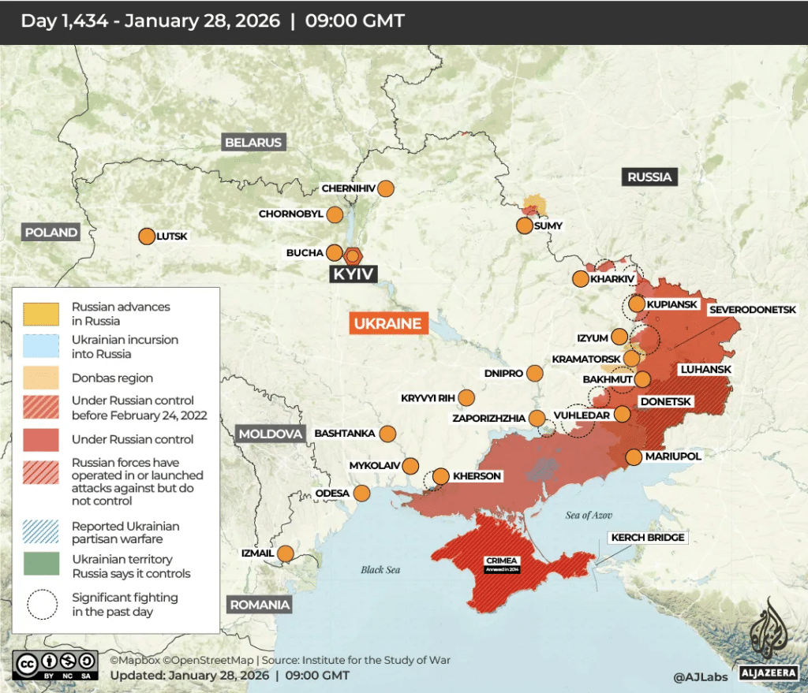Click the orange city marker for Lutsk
(x=147, y=237)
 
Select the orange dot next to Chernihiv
(x=385, y=188)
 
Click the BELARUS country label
(x=252, y=143)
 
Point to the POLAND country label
(x=51, y=233)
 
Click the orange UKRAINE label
(x=387, y=324)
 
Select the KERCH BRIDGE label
(x=648, y=538)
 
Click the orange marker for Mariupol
(x=634, y=456)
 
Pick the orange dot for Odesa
(x=362, y=494)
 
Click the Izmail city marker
(x=286, y=553)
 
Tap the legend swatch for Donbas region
(x=41, y=378)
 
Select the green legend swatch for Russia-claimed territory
(x=41, y=564)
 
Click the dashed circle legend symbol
(x=41, y=605)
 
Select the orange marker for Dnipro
(x=535, y=373)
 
